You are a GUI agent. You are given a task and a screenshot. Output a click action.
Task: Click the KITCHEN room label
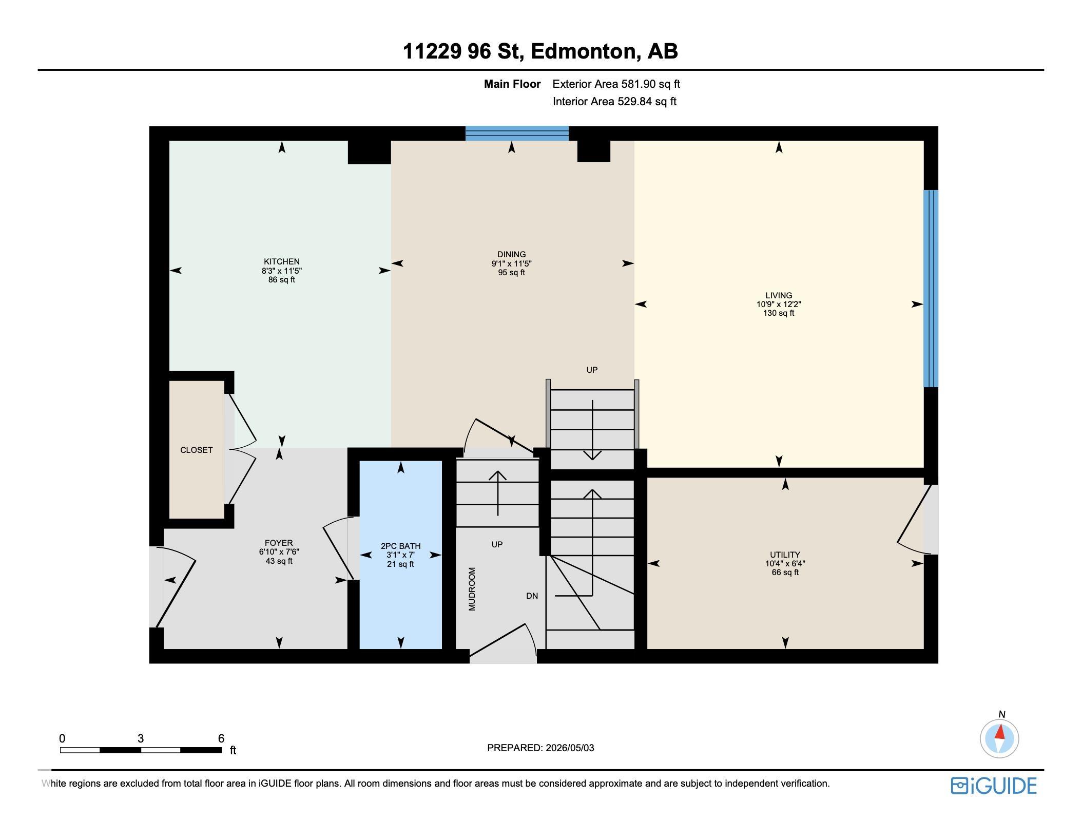coord(281,261)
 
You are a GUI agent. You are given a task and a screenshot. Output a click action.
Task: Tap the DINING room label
coord(511,254)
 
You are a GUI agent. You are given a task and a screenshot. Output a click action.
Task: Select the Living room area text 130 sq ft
coord(779,313)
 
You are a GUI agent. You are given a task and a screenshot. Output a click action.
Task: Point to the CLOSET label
coord(196,450)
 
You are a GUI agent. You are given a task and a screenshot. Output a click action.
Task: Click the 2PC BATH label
coord(400,546)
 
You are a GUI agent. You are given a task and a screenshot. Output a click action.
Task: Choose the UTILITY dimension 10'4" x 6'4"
coord(785,563)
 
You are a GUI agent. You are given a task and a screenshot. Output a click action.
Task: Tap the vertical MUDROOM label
coord(472,589)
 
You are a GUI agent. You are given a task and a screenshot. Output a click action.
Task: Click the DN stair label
coord(532,596)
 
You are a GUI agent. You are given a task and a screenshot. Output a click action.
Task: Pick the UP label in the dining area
coord(592,370)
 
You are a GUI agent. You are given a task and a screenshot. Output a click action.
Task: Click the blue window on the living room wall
coord(931,289)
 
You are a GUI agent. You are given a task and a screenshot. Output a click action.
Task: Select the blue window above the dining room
coord(517,134)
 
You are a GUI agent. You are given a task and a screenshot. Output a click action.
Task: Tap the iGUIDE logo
coord(993,786)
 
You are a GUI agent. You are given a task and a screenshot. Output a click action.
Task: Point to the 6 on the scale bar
coord(221,738)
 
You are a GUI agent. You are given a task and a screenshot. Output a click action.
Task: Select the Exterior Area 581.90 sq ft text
coord(616,84)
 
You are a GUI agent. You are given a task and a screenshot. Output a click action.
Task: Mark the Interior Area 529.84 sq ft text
coord(614,101)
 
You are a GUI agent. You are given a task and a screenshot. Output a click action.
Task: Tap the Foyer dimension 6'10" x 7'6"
coord(279,552)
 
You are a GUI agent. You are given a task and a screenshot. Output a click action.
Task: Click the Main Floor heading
coord(512,84)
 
